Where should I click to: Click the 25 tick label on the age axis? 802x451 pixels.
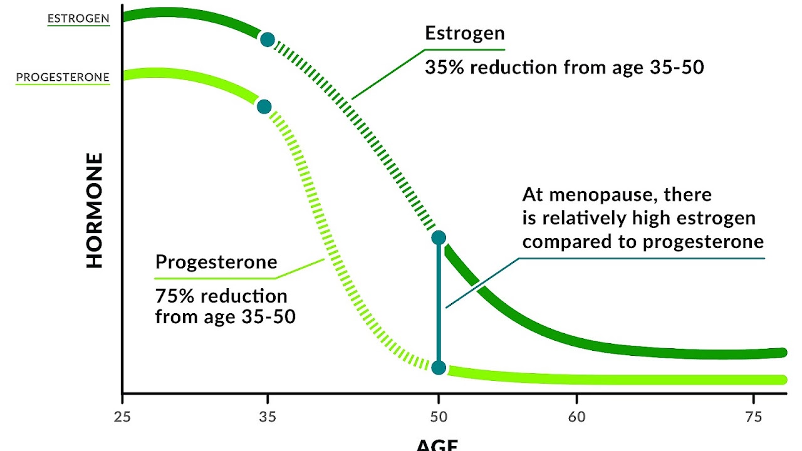tap(122, 417)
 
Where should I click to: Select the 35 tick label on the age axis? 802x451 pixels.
tap(268, 417)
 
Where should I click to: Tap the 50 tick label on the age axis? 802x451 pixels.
tap(439, 417)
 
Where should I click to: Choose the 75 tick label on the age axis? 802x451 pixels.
tap(753, 417)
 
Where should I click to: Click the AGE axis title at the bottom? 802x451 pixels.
tap(437, 445)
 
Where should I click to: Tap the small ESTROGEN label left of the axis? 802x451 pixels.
tap(78, 19)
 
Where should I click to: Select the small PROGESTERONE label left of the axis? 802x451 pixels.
tap(63, 78)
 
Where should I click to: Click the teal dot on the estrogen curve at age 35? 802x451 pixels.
tap(268, 40)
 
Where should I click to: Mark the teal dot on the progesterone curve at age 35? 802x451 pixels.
tap(264, 106)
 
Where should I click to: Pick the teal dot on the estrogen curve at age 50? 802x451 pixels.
tap(439, 237)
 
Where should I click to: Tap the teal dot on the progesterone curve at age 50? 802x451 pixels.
tap(439, 368)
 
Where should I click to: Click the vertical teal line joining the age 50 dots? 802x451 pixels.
tap(439, 301)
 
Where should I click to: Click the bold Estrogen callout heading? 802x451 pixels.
tap(464, 33)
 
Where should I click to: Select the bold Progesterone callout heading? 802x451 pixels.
tap(216, 262)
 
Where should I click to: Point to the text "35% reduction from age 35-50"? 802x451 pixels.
tap(564, 67)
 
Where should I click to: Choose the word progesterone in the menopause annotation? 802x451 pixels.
tap(703, 242)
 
